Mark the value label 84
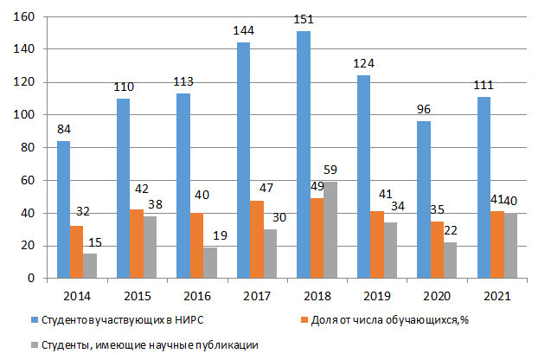(x=63, y=129)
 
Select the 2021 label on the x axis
(x=497, y=296)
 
